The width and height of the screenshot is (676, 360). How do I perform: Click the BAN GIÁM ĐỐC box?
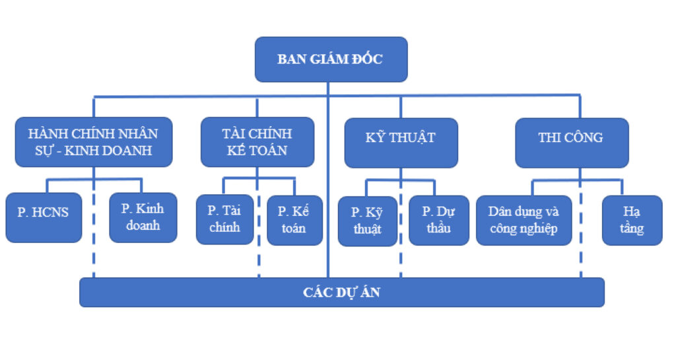331,59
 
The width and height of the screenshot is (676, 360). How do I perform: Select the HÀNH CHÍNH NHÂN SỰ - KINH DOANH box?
94,141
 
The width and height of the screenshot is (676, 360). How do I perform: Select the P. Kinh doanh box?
143,217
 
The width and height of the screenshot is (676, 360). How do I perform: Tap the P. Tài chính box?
224,219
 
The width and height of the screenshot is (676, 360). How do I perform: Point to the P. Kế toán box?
294,220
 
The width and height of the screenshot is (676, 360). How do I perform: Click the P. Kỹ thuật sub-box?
367,221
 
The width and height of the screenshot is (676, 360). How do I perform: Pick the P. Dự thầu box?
438,221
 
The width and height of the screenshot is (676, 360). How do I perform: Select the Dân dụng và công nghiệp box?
524,221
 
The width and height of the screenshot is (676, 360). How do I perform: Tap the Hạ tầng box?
632,221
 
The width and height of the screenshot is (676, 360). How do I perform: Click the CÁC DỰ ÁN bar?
341,292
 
